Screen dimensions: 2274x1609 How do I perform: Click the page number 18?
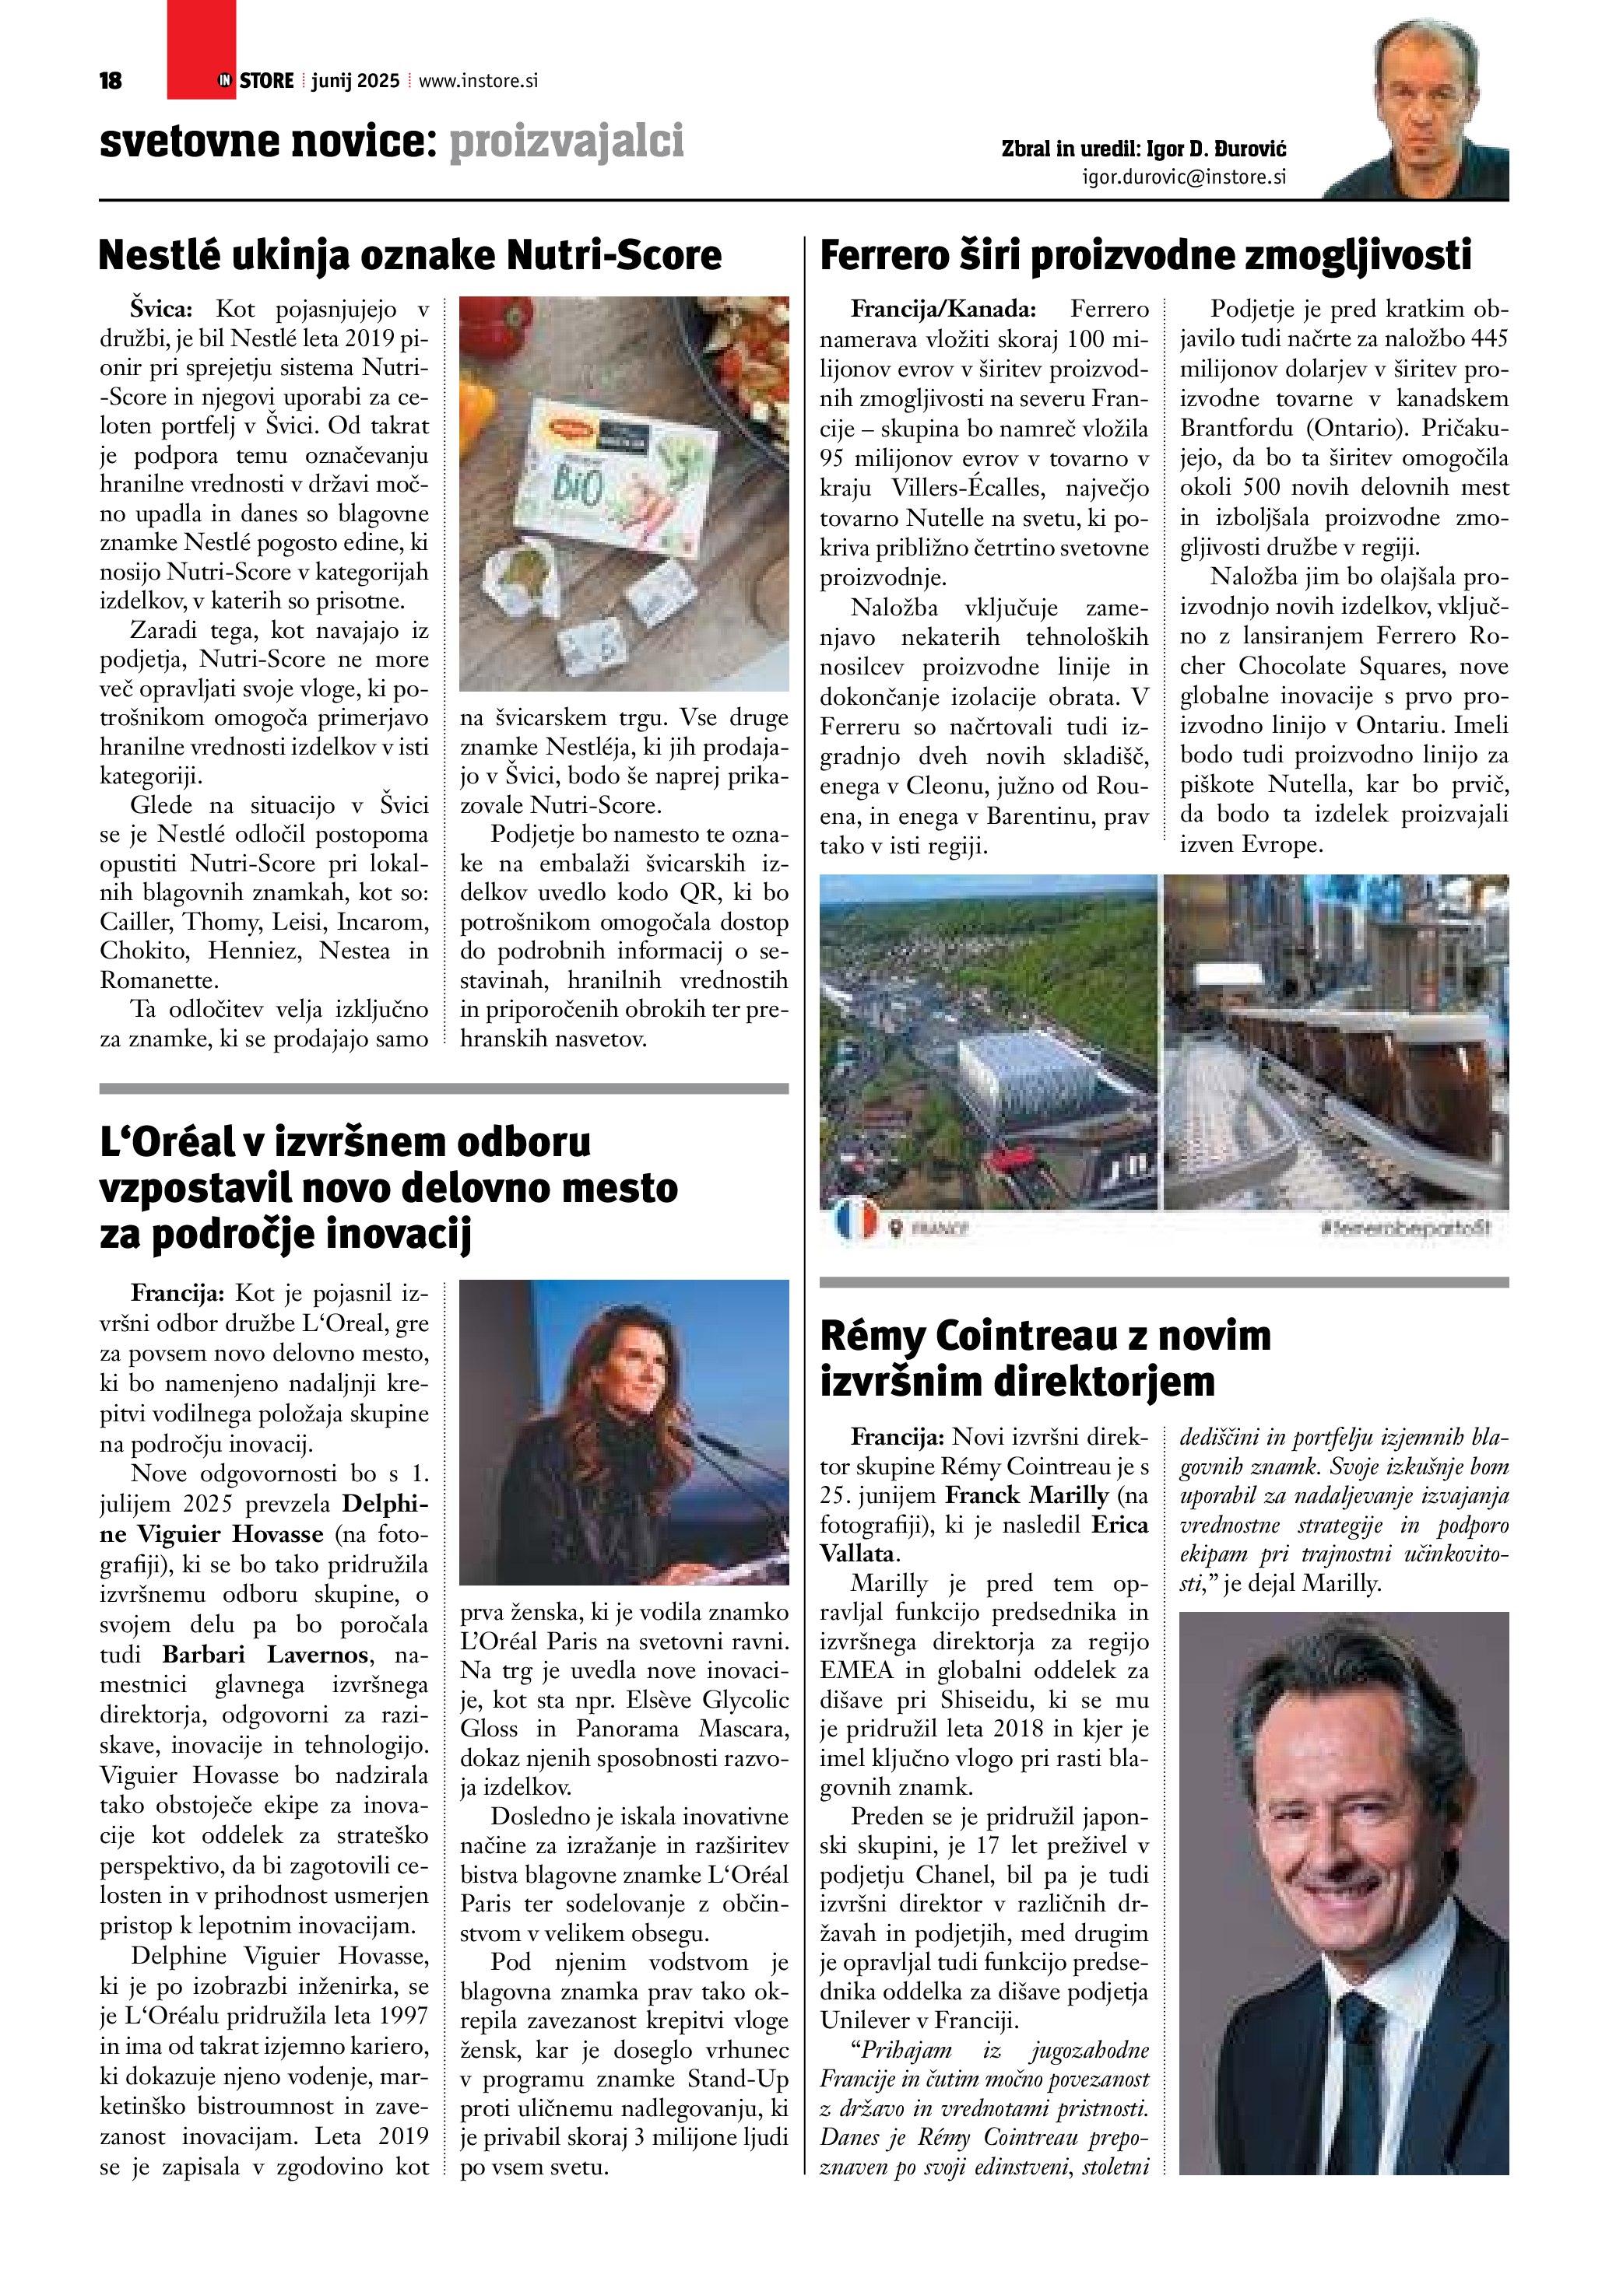(x=110, y=81)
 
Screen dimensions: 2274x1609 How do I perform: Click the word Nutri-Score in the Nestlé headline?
(x=614, y=255)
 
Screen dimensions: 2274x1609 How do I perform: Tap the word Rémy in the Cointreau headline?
(x=872, y=1336)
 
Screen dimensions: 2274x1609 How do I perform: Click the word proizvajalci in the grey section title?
(x=566, y=142)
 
